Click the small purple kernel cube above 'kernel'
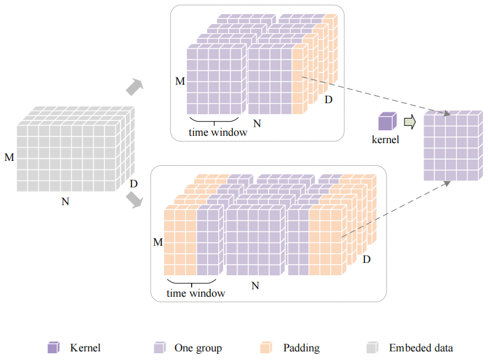pos(387,121)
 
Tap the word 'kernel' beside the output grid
pos(386,139)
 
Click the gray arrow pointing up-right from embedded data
pos(134,87)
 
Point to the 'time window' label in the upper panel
pos(217,132)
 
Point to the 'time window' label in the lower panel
pos(196,293)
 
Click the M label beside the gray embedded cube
pos(9,158)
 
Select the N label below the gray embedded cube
pos(65,202)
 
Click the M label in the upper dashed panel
pos(179,81)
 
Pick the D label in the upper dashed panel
pos(328,100)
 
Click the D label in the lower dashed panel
pos(366,260)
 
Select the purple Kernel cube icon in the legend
pos(53,348)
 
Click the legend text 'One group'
pos(198,348)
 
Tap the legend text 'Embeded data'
pos(421,348)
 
